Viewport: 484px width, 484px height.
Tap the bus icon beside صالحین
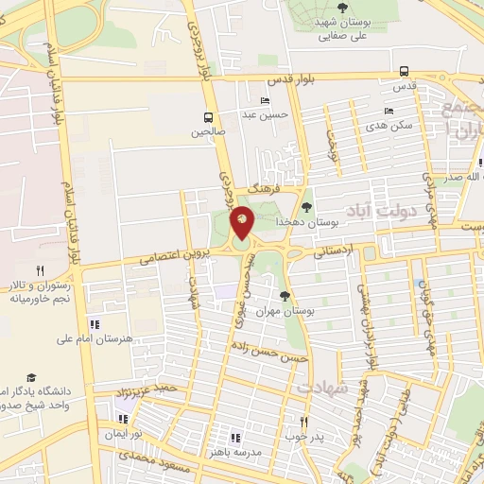point(207,117)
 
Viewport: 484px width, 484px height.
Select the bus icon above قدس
point(405,71)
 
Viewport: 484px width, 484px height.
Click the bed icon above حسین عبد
point(264,101)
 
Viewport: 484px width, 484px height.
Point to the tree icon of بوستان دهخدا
point(306,207)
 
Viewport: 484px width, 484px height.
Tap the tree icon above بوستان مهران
point(285,297)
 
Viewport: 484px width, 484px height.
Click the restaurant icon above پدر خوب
point(303,422)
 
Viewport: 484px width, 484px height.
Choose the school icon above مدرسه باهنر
point(235,437)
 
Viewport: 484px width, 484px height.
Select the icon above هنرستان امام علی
point(93,324)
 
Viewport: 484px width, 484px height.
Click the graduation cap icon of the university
point(32,376)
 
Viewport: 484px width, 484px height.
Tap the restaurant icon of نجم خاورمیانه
point(39,270)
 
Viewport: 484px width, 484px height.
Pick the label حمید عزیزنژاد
point(153,389)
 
